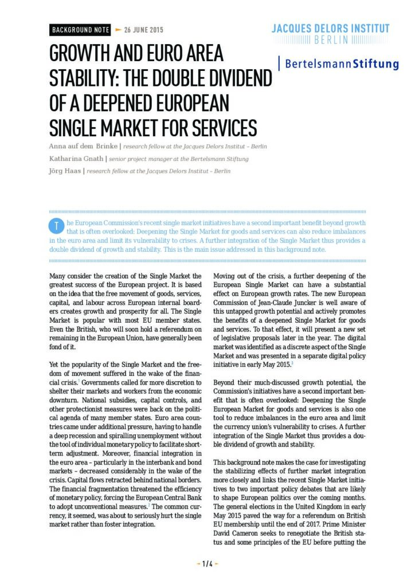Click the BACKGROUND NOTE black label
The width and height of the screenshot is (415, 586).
(x=80, y=29)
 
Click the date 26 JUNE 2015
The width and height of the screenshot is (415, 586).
(x=144, y=29)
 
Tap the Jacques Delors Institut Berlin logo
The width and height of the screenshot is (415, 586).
(x=331, y=34)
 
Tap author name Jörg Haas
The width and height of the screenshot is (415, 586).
(x=65, y=171)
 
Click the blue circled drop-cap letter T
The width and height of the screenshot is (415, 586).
(x=56, y=226)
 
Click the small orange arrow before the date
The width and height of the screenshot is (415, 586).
(x=118, y=29)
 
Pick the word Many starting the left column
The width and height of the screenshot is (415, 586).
(x=59, y=276)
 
